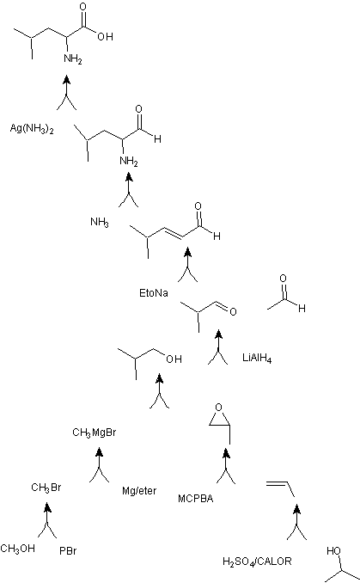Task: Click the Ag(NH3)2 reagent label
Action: pos(32,129)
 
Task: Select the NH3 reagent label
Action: pos(100,223)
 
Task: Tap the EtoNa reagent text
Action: pos(154,293)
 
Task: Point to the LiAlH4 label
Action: pos(257,359)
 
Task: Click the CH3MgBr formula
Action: pos(95,433)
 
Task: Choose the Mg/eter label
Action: pos(139,491)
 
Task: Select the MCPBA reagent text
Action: pos(196,499)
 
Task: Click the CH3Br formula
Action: pos(46,488)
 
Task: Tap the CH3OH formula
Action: pos(17,549)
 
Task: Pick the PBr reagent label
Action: pos(68,550)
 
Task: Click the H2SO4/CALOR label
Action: pos(257,562)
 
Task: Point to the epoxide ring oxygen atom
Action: pos(219,408)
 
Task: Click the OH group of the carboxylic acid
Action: pos(105,37)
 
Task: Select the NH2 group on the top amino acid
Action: pos(72,59)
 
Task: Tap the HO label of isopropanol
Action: pos(333,550)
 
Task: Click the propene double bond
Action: pos(278,483)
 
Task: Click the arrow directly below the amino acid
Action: pos(66,93)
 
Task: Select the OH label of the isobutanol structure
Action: pos(174,359)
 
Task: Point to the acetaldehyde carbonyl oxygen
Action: pos(283,278)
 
